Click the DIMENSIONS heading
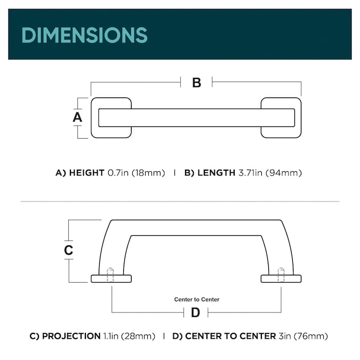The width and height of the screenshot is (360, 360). tap(84, 35)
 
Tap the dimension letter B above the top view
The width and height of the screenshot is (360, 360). tap(196, 83)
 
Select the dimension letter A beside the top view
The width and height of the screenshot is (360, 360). tap(77, 117)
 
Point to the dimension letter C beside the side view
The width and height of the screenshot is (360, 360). tap(68, 250)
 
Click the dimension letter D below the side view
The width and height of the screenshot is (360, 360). tap(195, 313)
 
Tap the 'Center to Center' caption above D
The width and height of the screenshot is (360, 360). tap(197, 299)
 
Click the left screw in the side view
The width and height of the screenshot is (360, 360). tap(110, 275)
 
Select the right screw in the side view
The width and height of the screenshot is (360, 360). tap(281, 275)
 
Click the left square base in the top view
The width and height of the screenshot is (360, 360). tap(111, 118)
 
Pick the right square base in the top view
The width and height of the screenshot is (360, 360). tap(281, 118)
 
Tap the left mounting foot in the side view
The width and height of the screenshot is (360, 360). tap(111, 279)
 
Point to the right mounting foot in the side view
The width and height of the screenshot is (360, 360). tap(281, 279)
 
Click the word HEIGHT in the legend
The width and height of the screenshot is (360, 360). tap(87, 173)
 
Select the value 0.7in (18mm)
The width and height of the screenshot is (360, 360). tap(137, 173)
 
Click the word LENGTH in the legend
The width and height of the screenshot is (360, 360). tap(217, 173)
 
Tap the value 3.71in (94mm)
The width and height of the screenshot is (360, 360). tap(270, 173)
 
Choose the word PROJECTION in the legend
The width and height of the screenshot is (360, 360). tap(71, 336)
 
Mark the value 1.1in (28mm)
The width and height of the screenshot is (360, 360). tap(129, 336)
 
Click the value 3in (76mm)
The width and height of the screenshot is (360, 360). tap(303, 336)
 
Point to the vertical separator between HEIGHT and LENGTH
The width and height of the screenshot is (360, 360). tap(175, 173)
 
